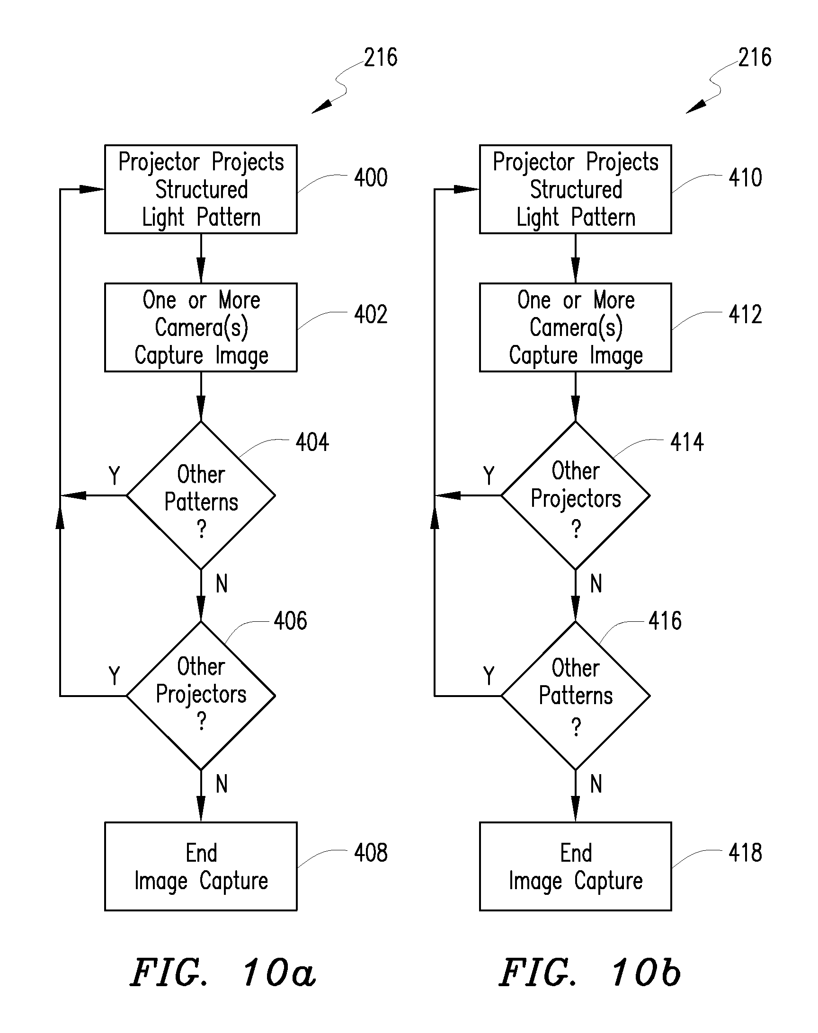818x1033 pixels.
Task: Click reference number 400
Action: click(371, 177)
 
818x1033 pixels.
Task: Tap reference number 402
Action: click(371, 315)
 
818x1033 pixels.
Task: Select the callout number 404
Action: click(312, 442)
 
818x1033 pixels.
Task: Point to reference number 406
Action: click(290, 621)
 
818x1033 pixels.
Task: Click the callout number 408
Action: click(371, 853)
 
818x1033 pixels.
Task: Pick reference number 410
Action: click(745, 177)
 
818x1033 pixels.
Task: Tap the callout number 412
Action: click(745, 315)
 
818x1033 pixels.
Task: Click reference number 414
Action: click(687, 442)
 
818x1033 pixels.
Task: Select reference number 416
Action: click(665, 621)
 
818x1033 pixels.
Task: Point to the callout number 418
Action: click(745, 853)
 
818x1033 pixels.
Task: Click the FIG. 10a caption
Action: click(223, 972)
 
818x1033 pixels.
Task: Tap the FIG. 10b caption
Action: click(590, 972)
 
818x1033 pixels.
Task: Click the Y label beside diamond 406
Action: click(114, 676)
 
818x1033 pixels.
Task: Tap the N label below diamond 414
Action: click(596, 583)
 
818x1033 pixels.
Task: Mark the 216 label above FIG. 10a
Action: click(381, 57)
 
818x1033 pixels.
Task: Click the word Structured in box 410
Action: click(576, 190)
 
